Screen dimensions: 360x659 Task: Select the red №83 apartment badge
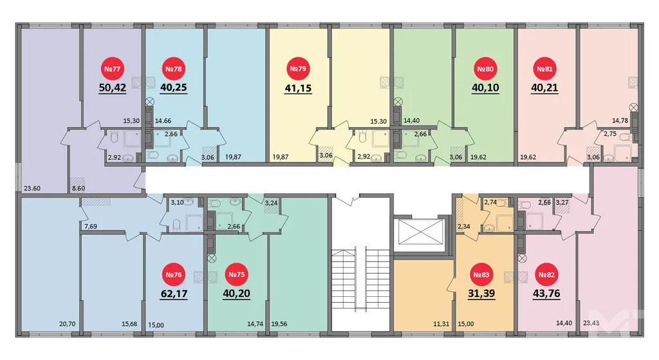(x=482, y=275)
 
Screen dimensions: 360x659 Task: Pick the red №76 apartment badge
(x=174, y=275)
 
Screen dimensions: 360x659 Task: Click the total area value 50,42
(x=112, y=88)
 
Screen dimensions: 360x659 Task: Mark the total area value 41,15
(x=297, y=88)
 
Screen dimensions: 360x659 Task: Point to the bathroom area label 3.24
(x=272, y=202)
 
